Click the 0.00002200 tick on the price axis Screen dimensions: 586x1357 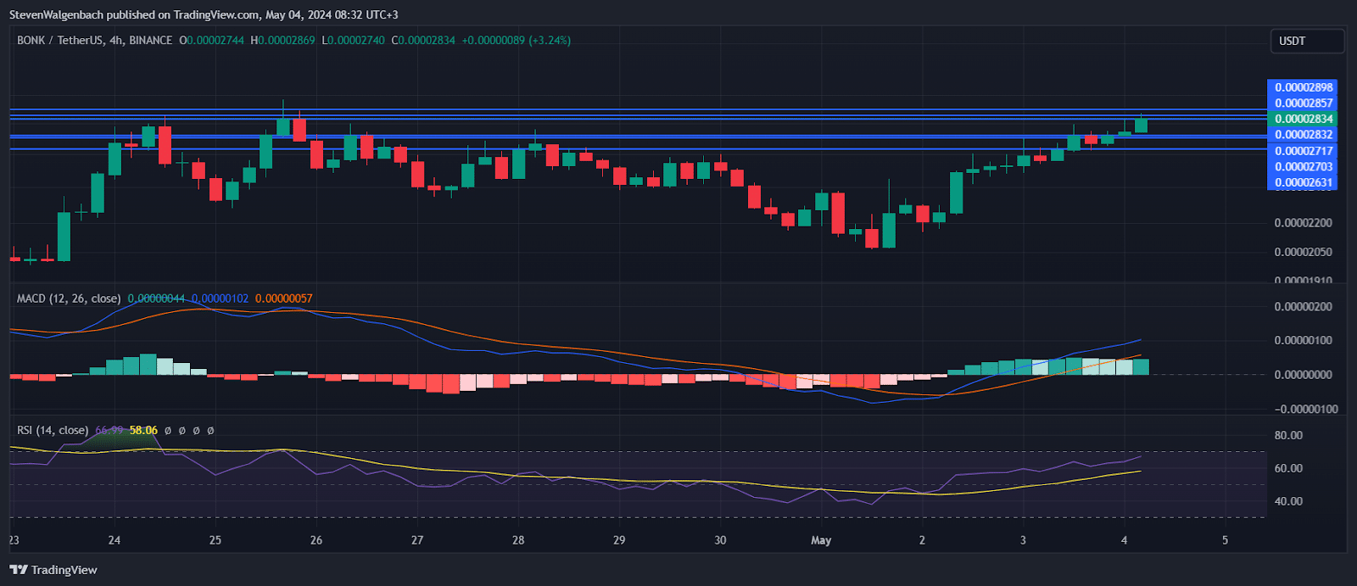[1303, 223]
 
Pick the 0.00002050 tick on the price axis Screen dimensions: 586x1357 [1303, 252]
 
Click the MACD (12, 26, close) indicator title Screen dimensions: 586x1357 [69, 299]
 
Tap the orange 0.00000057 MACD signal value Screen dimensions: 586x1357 [283, 299]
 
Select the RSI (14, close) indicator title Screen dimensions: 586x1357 [53, 430]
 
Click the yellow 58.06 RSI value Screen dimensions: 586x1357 [143, 430]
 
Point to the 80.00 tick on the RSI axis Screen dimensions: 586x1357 [1288, 435]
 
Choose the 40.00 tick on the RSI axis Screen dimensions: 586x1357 [1288, 501]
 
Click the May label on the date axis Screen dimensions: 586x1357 [821, 540]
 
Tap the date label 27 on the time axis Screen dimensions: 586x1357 [416, 540]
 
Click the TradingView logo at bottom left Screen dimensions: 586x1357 [53, 570]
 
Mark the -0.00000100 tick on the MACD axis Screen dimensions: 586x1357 [1304, 409]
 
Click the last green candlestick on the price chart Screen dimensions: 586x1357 [1141, 125]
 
